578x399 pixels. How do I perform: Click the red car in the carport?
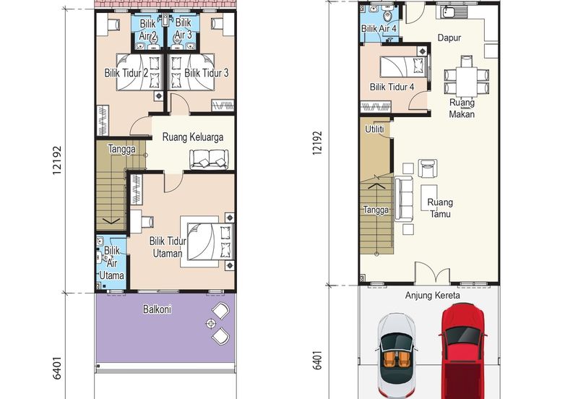coord(462,351)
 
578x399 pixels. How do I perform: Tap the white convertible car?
coord(397,356)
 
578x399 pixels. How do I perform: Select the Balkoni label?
coord(157,309)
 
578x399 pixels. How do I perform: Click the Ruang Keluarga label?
coord(193,137)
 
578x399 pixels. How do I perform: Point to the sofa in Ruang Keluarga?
coord(209,159)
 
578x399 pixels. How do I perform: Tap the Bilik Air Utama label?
coord(112,263)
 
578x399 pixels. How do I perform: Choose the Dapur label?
coord(449,38)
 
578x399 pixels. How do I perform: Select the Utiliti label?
coord(374,129)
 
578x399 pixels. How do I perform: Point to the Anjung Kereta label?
coord(432,296)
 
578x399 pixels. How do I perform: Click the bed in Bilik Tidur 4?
coord(404,66)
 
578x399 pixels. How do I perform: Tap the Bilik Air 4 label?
coord(379,28)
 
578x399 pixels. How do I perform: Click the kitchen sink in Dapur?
coord(449,12)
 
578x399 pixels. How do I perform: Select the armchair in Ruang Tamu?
coord(428,169)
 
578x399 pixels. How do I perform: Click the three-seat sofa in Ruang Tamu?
coord(404,198)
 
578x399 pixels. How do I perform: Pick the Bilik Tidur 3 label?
coord(206,73)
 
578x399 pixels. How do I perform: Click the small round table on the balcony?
coord(211,324)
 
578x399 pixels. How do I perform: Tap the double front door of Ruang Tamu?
coord(432,273)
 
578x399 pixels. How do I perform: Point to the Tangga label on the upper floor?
coord(121,149)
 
